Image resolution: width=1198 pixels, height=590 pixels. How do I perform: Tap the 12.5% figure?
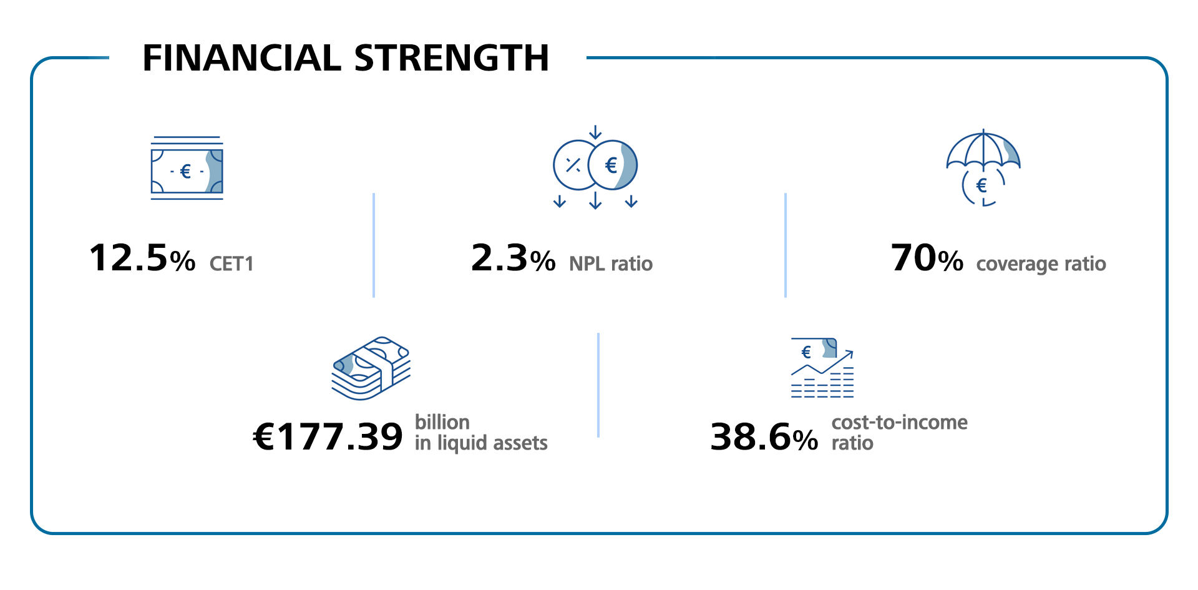[x=142, y=258]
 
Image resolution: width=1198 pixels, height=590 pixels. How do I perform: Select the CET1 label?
[x=231, y=264]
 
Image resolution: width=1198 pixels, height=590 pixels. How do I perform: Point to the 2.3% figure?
[x=513, y=258]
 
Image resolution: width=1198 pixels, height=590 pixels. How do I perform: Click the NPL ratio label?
[x=610, y=264]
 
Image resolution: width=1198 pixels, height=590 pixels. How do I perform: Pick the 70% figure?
[x=927, y=258]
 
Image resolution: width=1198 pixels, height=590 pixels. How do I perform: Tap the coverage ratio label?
[x=1041, y=264]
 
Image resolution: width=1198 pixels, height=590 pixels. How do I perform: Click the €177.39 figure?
[x=328, y=436]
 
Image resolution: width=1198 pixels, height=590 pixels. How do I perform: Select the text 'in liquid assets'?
[x=481, y=443]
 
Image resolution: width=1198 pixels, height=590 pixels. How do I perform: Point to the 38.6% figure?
[x=764, y=436]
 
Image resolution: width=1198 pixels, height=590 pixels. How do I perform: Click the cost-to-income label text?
[x=899, y=423]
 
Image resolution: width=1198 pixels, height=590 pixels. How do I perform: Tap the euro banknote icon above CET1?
[x=187, y=169]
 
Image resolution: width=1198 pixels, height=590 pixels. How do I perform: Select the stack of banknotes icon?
[x=371, y=368]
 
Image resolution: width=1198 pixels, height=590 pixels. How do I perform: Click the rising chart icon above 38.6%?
[x=822, y=368]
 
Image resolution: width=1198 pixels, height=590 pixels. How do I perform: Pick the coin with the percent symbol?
[x=573, y=165]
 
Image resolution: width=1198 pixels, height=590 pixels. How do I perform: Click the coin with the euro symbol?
[x=612, y=165]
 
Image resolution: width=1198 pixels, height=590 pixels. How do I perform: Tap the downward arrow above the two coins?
[x=595, y=132]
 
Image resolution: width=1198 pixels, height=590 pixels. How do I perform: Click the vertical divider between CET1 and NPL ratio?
[x=373, y=245]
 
